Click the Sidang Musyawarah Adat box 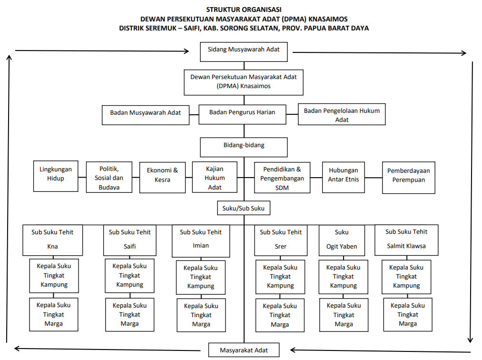[x=244, y=52]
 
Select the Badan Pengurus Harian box [x=242, y=114]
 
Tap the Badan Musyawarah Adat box [x=146, y=115]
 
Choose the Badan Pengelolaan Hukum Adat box [x=342, y=114]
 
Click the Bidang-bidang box [x=244, y=147]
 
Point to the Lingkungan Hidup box [x=56, y=176]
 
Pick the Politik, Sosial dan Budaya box [x=109, y=177]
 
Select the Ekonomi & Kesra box [x=162, y=178]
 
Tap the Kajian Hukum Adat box [x=215, y=177]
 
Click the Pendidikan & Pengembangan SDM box [x=282, y=178]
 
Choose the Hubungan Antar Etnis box [x=344, y=177]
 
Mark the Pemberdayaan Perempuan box [x=409, y=178]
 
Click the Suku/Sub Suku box [x=244, y=208]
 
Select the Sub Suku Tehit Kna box [x=52, y=240]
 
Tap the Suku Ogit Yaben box [x=342, y=240]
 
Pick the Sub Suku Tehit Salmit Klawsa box [x=406, y=240]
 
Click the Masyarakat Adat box [x=244, y=350]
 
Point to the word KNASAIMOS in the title [x=328, y=19]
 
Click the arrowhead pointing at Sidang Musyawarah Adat [x=187, y=51]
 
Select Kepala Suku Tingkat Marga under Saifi [x=130, y=314]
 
